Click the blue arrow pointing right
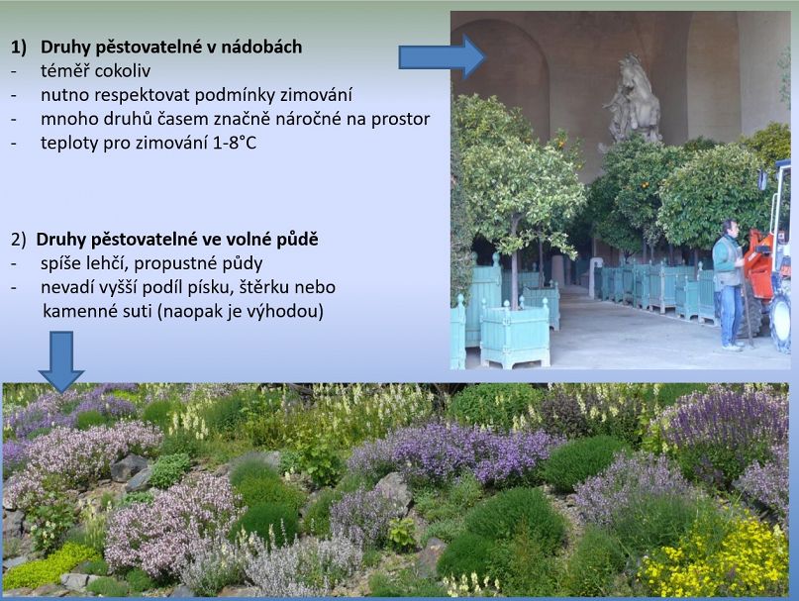pos(442,56)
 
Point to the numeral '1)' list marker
pos(19,48)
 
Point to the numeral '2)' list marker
pos(18,240)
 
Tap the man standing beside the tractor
pos(729,285)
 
